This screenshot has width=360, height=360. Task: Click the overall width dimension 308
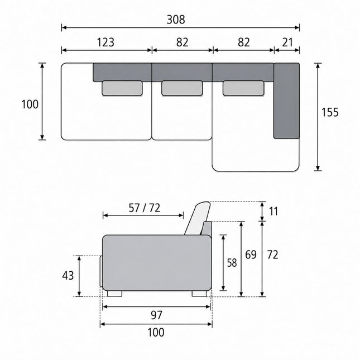[176, 20]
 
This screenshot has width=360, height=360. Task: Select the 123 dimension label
[105, 42]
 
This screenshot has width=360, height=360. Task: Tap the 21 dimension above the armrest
[287, 42]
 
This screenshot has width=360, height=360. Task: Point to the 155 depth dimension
[330, 112]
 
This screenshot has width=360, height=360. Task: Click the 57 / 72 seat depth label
[144, 208]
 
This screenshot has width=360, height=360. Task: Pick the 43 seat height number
[68, 276]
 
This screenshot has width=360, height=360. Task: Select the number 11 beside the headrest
[273, 212]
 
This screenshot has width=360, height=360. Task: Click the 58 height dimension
[232, 263]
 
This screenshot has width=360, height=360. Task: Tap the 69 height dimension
[251, 255]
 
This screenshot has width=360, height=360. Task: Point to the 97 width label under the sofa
[156, 315]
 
